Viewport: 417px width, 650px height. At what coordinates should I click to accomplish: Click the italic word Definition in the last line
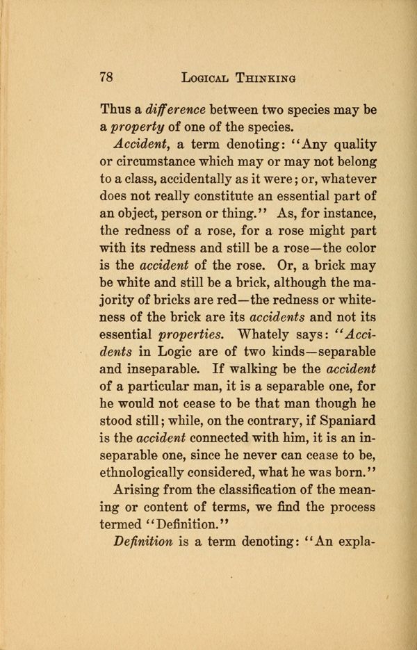[x=145, y=542]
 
